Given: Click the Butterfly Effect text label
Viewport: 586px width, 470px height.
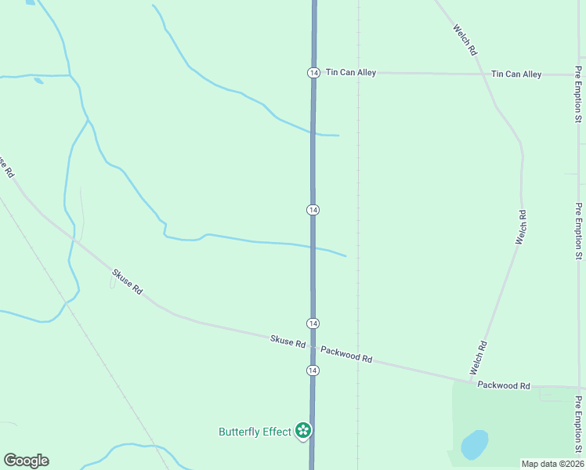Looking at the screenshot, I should pos(255,432).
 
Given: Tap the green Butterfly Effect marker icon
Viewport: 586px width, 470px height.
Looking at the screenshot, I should pos(303,430).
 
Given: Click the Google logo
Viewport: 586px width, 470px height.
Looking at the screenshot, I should pos(26,461).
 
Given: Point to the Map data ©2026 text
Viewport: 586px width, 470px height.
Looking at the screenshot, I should pos(552,464).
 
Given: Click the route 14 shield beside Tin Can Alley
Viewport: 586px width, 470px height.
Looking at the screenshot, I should pos(313,72).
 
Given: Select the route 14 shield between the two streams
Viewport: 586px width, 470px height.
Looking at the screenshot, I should pos(313,210).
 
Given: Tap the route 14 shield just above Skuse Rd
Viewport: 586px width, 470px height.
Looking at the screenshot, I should pos(313,324).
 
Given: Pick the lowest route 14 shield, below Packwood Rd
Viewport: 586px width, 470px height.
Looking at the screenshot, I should pos(313,370).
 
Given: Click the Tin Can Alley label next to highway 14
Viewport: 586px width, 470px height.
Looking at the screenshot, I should pos(351,73).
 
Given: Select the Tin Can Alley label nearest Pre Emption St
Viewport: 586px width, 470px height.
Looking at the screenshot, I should pos(516,74).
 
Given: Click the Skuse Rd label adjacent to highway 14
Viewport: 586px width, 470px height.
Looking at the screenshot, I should pos(288,342).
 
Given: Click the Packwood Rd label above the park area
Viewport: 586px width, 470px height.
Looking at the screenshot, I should pos(504,385).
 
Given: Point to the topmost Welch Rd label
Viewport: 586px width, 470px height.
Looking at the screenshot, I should pos(465,38).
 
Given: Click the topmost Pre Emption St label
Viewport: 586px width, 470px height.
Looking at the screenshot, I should pos(578,95).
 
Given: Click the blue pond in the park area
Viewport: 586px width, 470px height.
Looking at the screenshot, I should pos(474,445).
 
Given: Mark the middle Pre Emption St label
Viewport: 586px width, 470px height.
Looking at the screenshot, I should pos(578,231).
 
